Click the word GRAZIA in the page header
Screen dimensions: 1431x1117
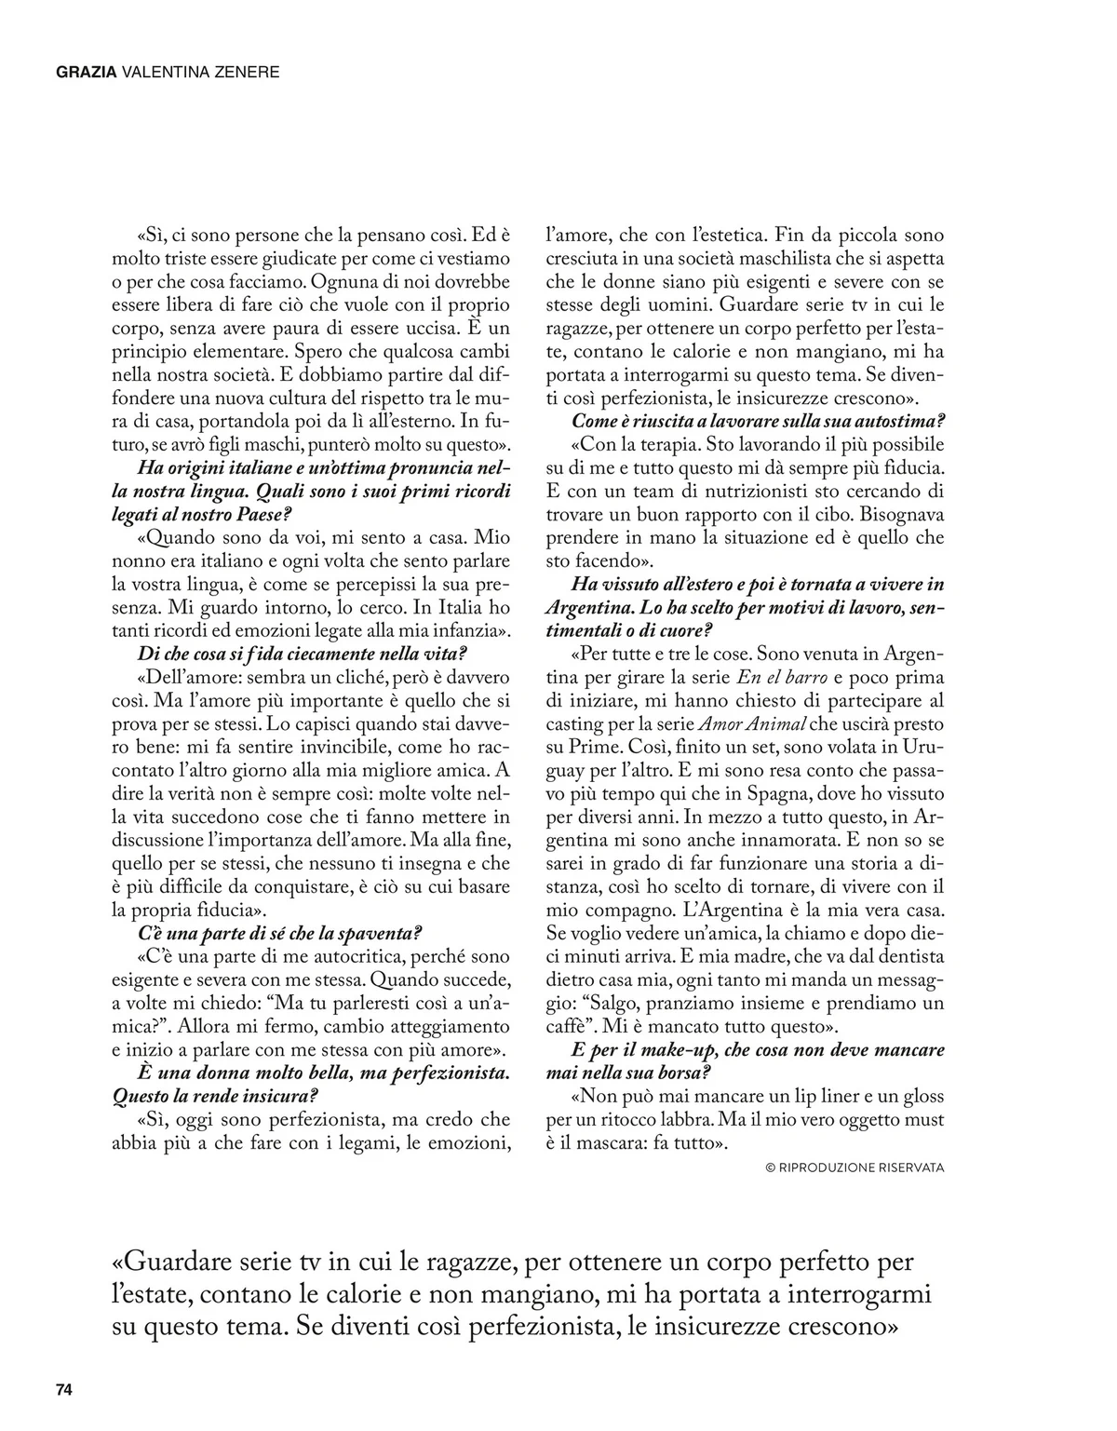pyautogui.click(x=87, y=71)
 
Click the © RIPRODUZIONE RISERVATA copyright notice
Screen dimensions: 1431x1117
pyautogui.click(x=855, y=1167)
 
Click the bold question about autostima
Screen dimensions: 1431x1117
pyautogui.click(x=759, y=421)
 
